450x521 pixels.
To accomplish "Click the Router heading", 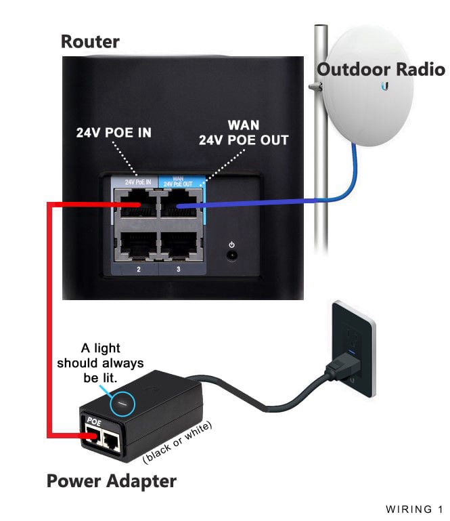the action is tap(90, 42).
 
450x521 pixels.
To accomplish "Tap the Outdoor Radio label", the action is tap(381, 70).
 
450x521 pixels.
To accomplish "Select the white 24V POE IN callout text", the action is tap(114, 133).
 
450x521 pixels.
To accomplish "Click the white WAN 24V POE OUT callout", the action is tap(244, 133).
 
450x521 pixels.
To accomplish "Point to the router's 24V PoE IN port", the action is tap(137, 203).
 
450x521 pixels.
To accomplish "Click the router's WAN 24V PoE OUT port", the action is tap(181, 203).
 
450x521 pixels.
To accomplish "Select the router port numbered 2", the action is tap(137, 245).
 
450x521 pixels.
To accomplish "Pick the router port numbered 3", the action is tap(181, 245).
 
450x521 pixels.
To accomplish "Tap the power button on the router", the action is tap(231, 255).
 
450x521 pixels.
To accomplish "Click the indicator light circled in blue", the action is tap(122, 404).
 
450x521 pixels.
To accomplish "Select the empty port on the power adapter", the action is tap(111, 441).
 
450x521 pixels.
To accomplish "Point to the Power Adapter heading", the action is tap(112, 481).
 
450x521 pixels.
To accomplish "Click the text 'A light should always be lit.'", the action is tap(100, 363).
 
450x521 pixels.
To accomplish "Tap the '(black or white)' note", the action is tap(177, 442).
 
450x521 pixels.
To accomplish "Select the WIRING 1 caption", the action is tap(414, 509).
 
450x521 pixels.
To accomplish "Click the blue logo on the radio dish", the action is tap(385, 87).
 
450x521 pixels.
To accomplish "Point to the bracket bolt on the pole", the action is tap(315, 87).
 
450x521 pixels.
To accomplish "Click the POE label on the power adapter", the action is tap(94, 421).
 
